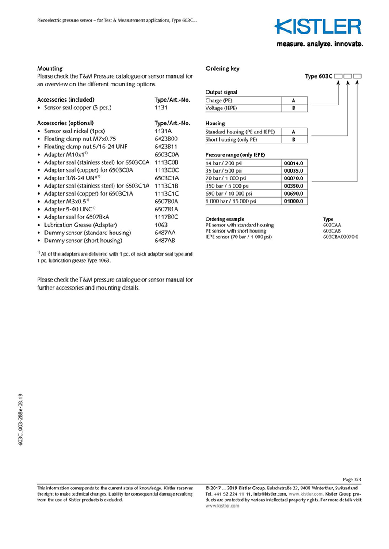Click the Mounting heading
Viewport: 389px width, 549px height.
click(50, 68)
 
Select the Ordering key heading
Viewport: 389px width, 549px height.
click(223, 68)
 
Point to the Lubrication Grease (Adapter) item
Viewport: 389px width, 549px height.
click(80, 225)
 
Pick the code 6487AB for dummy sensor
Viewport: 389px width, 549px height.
click(165, 241)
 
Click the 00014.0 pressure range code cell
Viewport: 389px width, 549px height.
click(294, 163)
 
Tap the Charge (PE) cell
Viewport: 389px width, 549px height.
click(242, 101)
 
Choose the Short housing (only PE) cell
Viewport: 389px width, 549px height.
click(242, 139)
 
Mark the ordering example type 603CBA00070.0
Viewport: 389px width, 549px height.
click(340, 237)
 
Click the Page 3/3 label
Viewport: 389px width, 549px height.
click(352, 480)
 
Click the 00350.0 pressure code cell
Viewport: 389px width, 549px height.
click(294, 186)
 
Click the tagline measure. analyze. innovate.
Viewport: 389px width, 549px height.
click(320, 44)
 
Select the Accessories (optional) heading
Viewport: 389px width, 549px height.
click(65, 123)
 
